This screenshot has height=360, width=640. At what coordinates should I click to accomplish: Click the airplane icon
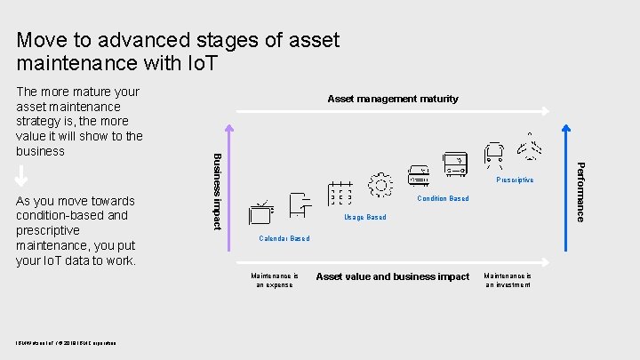point(532,148)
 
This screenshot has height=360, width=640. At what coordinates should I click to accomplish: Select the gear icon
point(380,185)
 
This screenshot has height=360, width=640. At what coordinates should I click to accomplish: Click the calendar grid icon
point(340,194)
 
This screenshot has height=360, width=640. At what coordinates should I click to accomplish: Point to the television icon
point(261,213)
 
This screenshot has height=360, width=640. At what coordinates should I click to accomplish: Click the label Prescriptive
point(516,180)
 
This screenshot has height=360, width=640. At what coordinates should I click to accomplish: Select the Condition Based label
point(443,199)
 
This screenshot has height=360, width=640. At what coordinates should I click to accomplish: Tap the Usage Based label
point(364,218)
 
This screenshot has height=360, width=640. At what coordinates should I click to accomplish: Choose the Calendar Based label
point(284,239)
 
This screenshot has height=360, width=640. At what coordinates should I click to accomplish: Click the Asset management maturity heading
point(393,99)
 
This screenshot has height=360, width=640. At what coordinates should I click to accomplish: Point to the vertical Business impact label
point(216,190)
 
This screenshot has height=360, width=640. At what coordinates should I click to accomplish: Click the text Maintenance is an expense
point(274,280)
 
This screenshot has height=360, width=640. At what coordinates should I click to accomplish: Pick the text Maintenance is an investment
point(508,280)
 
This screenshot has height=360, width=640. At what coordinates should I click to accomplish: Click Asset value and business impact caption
point(392,277)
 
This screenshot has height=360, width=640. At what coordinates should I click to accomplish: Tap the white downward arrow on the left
point(22,175)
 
